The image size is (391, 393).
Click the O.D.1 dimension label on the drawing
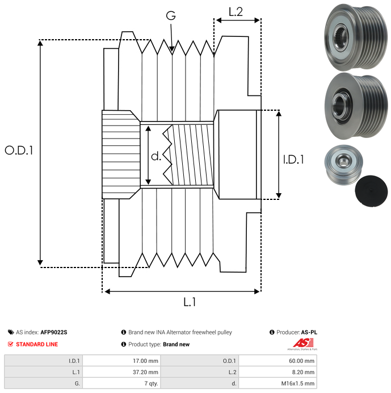click(19, 150)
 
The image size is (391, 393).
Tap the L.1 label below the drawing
click(190, 303)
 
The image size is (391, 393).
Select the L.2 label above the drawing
click(236, 12)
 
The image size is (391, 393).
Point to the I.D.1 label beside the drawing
click(293, 160)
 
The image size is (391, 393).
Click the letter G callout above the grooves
click(171, 16)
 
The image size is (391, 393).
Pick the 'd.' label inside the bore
click(156, 156)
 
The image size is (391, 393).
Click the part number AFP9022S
click(54, 332)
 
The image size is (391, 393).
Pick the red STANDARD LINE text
click(36, 344)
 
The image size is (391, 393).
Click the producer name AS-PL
click(309, 332)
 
